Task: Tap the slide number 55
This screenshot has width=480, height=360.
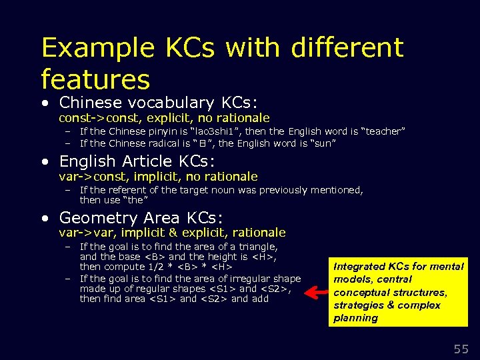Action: (461, 348)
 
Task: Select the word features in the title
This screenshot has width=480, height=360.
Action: (95, 79)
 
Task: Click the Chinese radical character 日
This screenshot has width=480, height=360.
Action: (198, 143)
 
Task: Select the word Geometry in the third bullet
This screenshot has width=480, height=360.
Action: (97, 218)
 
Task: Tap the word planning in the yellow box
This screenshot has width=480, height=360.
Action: (356, 318)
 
